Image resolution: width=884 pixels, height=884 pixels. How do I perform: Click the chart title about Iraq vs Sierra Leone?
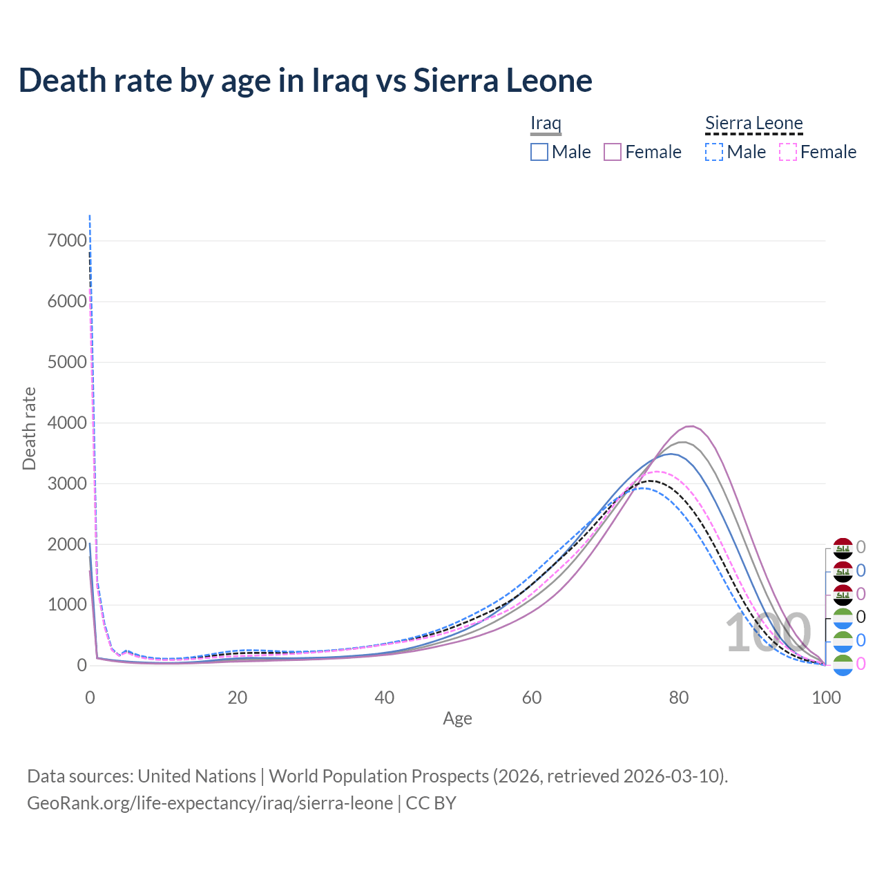305,80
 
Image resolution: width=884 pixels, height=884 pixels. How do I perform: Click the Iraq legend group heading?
546,123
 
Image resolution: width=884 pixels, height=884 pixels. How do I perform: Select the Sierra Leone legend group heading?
753,123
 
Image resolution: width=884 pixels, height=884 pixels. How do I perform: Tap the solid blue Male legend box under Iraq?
539,152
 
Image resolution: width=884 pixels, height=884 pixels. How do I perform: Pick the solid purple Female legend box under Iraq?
613,152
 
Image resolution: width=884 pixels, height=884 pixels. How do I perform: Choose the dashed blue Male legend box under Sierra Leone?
714,152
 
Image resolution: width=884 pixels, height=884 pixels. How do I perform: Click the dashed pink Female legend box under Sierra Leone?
787,152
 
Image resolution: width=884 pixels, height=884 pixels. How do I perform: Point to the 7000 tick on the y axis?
67,240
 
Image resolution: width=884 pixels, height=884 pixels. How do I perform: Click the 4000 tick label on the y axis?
67,423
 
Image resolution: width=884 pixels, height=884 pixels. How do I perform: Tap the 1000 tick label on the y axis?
67,605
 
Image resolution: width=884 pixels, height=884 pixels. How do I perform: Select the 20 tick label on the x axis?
237,698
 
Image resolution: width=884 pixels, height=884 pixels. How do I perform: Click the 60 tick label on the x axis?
531,698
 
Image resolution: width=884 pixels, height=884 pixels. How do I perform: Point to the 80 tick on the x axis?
678,698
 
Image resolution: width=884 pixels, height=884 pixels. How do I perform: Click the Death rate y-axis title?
29,428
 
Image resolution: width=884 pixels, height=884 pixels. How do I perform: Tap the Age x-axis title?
457,718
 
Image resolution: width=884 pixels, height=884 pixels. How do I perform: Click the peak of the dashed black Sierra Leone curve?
651,481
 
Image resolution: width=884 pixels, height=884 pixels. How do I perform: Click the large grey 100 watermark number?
767,633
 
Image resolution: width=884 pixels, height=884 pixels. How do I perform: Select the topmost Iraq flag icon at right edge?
843,548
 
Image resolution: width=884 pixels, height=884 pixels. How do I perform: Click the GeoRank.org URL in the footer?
210,803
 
